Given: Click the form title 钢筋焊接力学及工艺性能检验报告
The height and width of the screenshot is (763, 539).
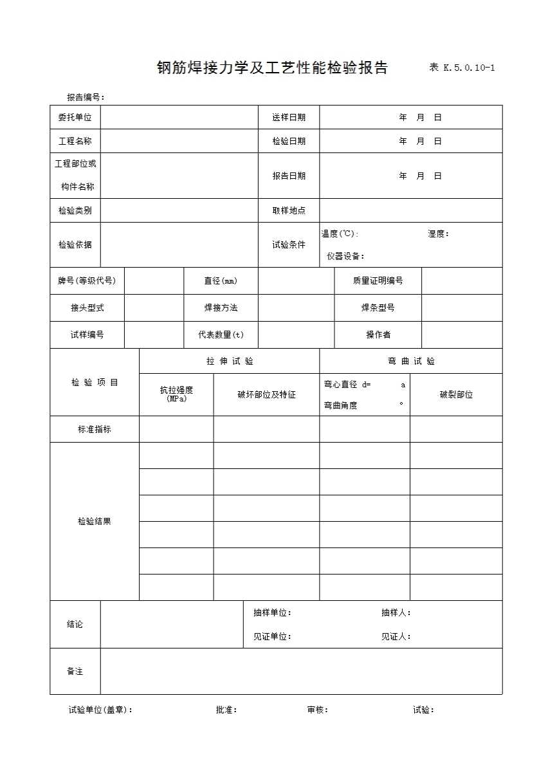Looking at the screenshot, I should [x=272, y=68].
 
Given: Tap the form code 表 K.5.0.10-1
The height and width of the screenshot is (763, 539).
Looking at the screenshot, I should [x=461, y=68].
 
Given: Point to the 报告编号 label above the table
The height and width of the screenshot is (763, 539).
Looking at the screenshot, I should [x=85, y=97].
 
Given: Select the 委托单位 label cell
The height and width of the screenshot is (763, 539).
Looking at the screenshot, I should [x=75, y=117].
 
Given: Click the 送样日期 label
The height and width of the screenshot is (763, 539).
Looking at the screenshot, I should [x=289, y=117].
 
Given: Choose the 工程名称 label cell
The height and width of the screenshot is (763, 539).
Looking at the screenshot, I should [x=75, y=141].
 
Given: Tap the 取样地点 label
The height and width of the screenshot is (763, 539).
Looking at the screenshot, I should [x=289, y=210].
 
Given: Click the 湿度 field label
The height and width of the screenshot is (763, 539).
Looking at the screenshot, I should [x=438, y=234].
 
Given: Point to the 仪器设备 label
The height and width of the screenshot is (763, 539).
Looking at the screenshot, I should [x=345, y=256].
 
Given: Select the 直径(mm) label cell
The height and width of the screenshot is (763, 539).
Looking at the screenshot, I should [x=221, y=280].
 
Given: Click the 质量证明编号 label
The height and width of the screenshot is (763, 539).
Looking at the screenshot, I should [x=378, y=280].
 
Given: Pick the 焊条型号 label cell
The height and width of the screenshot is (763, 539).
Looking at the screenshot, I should [x=378, y=308].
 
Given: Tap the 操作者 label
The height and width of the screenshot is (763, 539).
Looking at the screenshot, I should [x=378, y=335].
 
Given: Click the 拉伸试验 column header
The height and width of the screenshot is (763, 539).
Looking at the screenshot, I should [x=230, y=361].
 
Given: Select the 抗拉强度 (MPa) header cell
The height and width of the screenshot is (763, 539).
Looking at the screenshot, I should [x=176, y=394].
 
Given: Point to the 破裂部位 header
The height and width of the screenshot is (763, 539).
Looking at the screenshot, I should [x=456, y=394].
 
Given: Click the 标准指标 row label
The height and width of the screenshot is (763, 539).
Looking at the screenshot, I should [x=95, y=429].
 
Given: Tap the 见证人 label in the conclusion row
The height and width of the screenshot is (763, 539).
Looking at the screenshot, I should [x=396, y=636].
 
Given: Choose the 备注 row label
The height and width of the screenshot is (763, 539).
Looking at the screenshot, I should [x=75, y=671].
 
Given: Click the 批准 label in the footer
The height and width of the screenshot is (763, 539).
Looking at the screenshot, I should [x=226, y=710].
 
